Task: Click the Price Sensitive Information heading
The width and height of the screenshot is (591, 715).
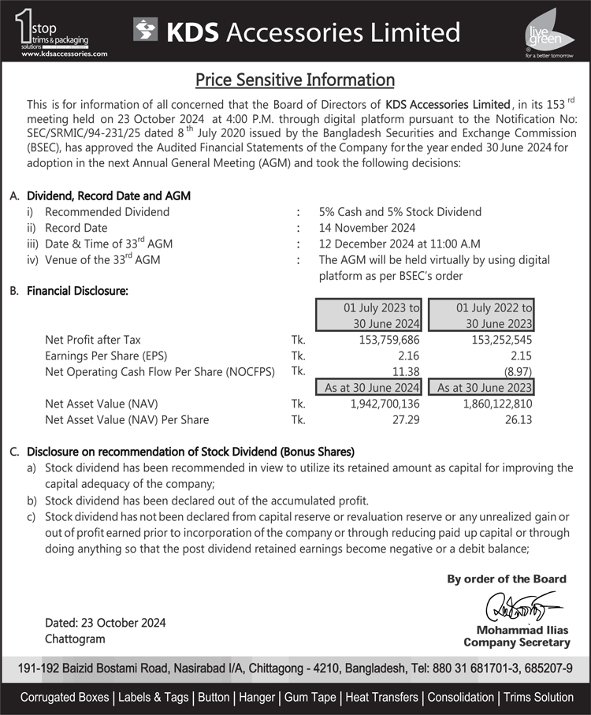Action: pos(295,80)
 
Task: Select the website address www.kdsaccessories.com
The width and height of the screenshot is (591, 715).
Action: pos(64,54)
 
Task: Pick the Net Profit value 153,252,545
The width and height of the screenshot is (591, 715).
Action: pos(493,340)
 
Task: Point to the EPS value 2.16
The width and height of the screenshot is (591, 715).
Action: pos(408,356)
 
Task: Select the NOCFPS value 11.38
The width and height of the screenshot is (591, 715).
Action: pos(405,371)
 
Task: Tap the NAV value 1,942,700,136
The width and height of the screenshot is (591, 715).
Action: pos(375,404)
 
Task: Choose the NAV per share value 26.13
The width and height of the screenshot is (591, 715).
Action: pos(519,419)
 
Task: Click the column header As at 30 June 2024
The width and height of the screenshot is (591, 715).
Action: pos(369,388)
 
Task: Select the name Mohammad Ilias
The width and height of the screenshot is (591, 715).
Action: pos(516,629)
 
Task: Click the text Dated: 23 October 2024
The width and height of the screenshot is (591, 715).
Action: pos(106,623)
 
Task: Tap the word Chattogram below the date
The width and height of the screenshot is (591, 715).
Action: pos(75,639)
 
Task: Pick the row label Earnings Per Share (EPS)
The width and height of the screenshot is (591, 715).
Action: pos(106,356)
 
